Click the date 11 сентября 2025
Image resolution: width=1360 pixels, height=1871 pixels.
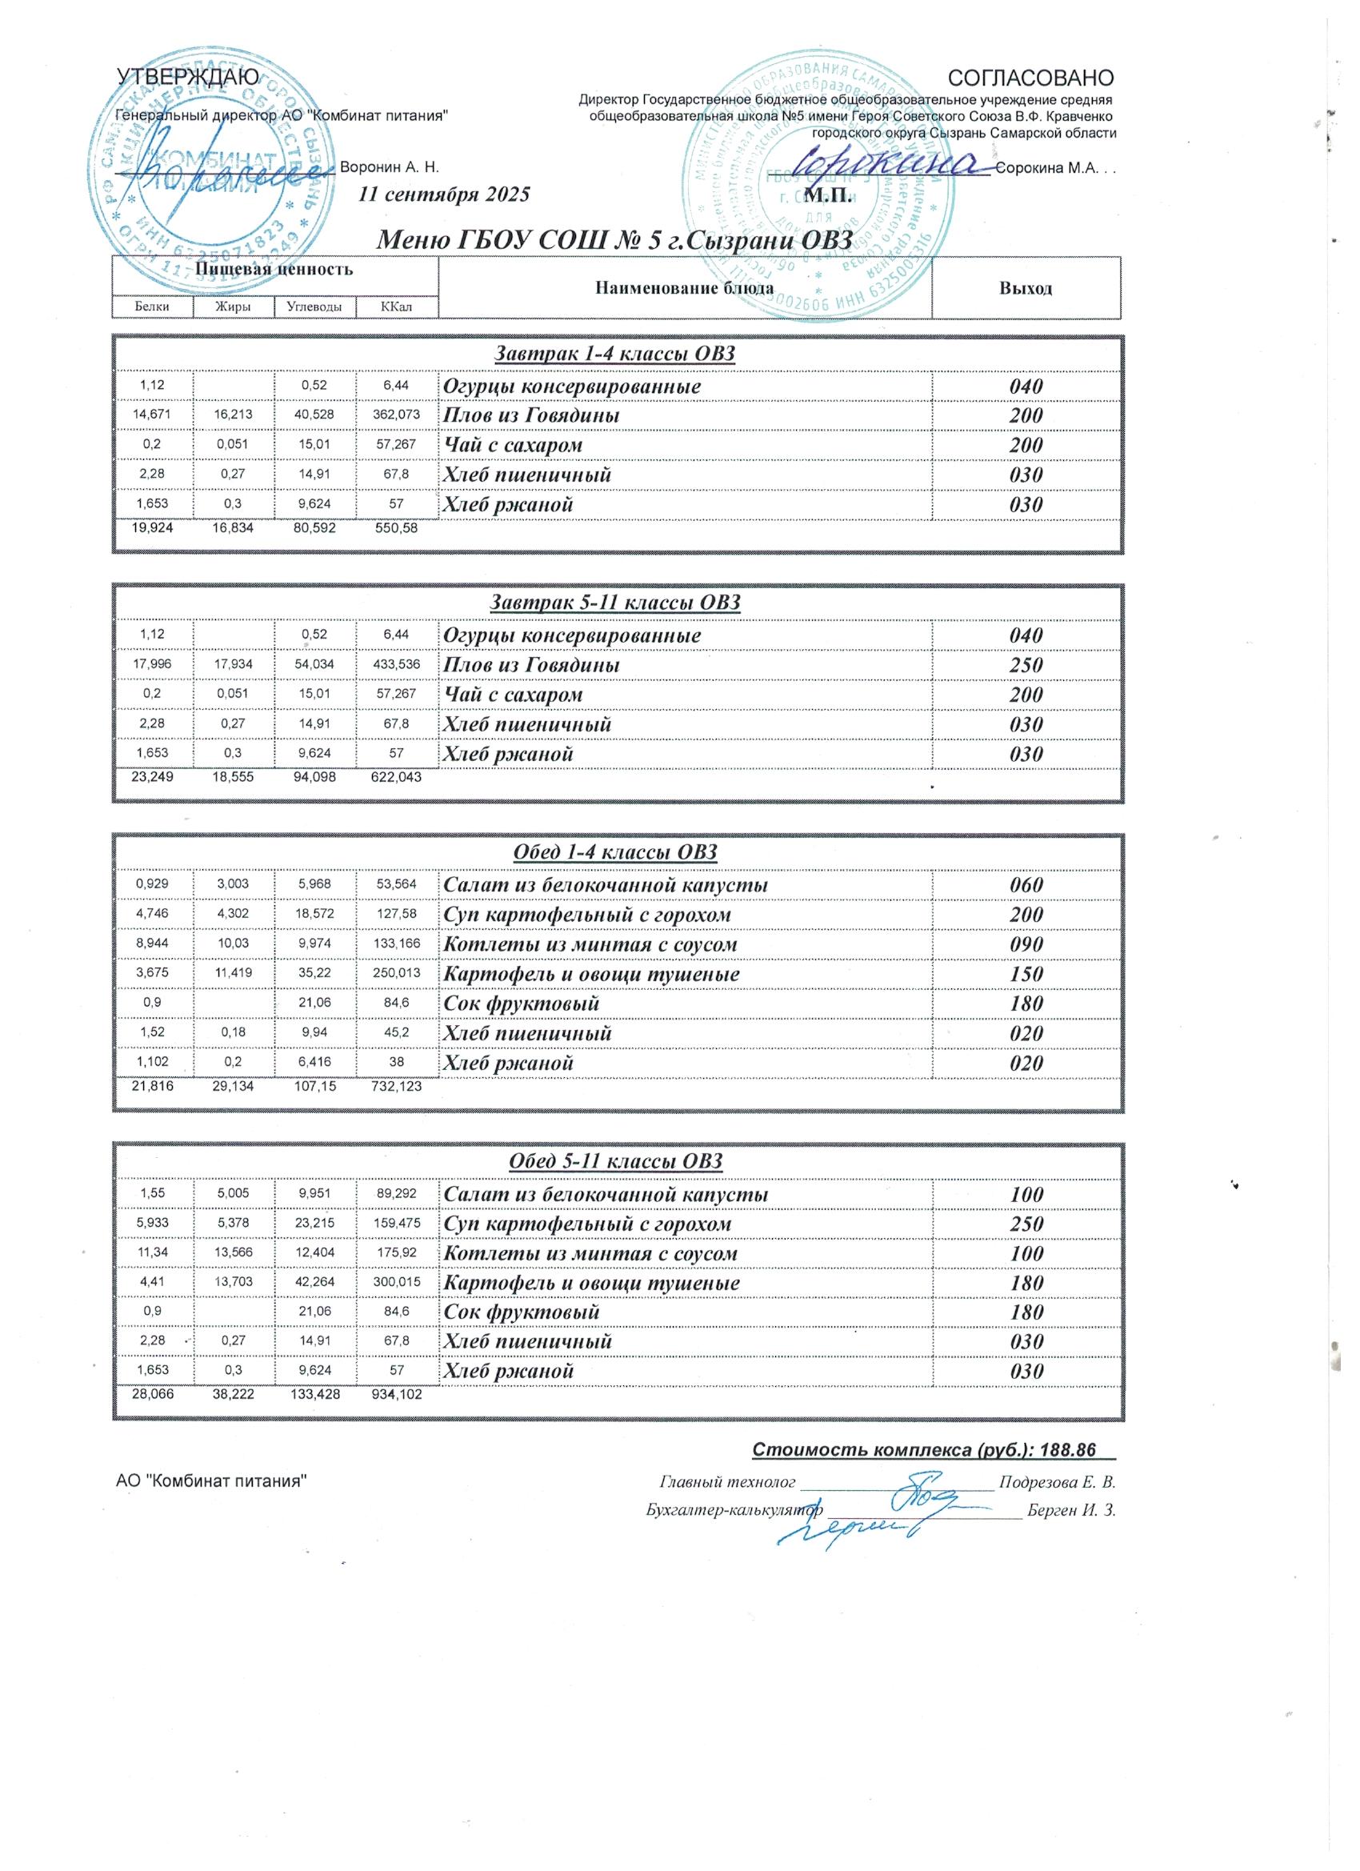(x=445, y=195)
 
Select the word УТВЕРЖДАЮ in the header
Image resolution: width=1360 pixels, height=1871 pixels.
(x=188, y=78)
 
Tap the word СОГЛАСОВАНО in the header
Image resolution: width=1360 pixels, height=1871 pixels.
(x=1031, y=78)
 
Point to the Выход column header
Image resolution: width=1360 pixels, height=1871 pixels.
(x=1025, y=289)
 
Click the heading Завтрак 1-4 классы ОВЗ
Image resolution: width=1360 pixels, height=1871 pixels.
(x=614, y=354)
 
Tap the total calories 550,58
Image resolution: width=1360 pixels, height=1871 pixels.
(x=397, y=528)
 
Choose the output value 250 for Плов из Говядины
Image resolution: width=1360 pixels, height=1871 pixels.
(x=1026, y=666)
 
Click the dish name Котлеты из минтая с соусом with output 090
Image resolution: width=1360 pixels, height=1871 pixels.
(x=590, y=944)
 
